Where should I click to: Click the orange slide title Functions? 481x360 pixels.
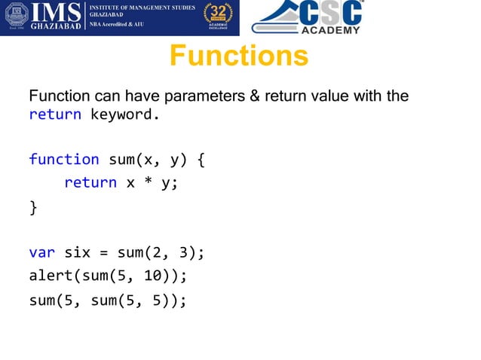click(239, 56)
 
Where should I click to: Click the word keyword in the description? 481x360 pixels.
click(124, 115)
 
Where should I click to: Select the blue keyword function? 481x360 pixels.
click(64, 159)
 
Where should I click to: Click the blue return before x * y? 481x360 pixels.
click(90, 182)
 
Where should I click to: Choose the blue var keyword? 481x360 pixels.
click(41, 252)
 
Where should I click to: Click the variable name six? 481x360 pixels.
click(77, 252)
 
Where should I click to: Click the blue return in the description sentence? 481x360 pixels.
click(55, 115)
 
